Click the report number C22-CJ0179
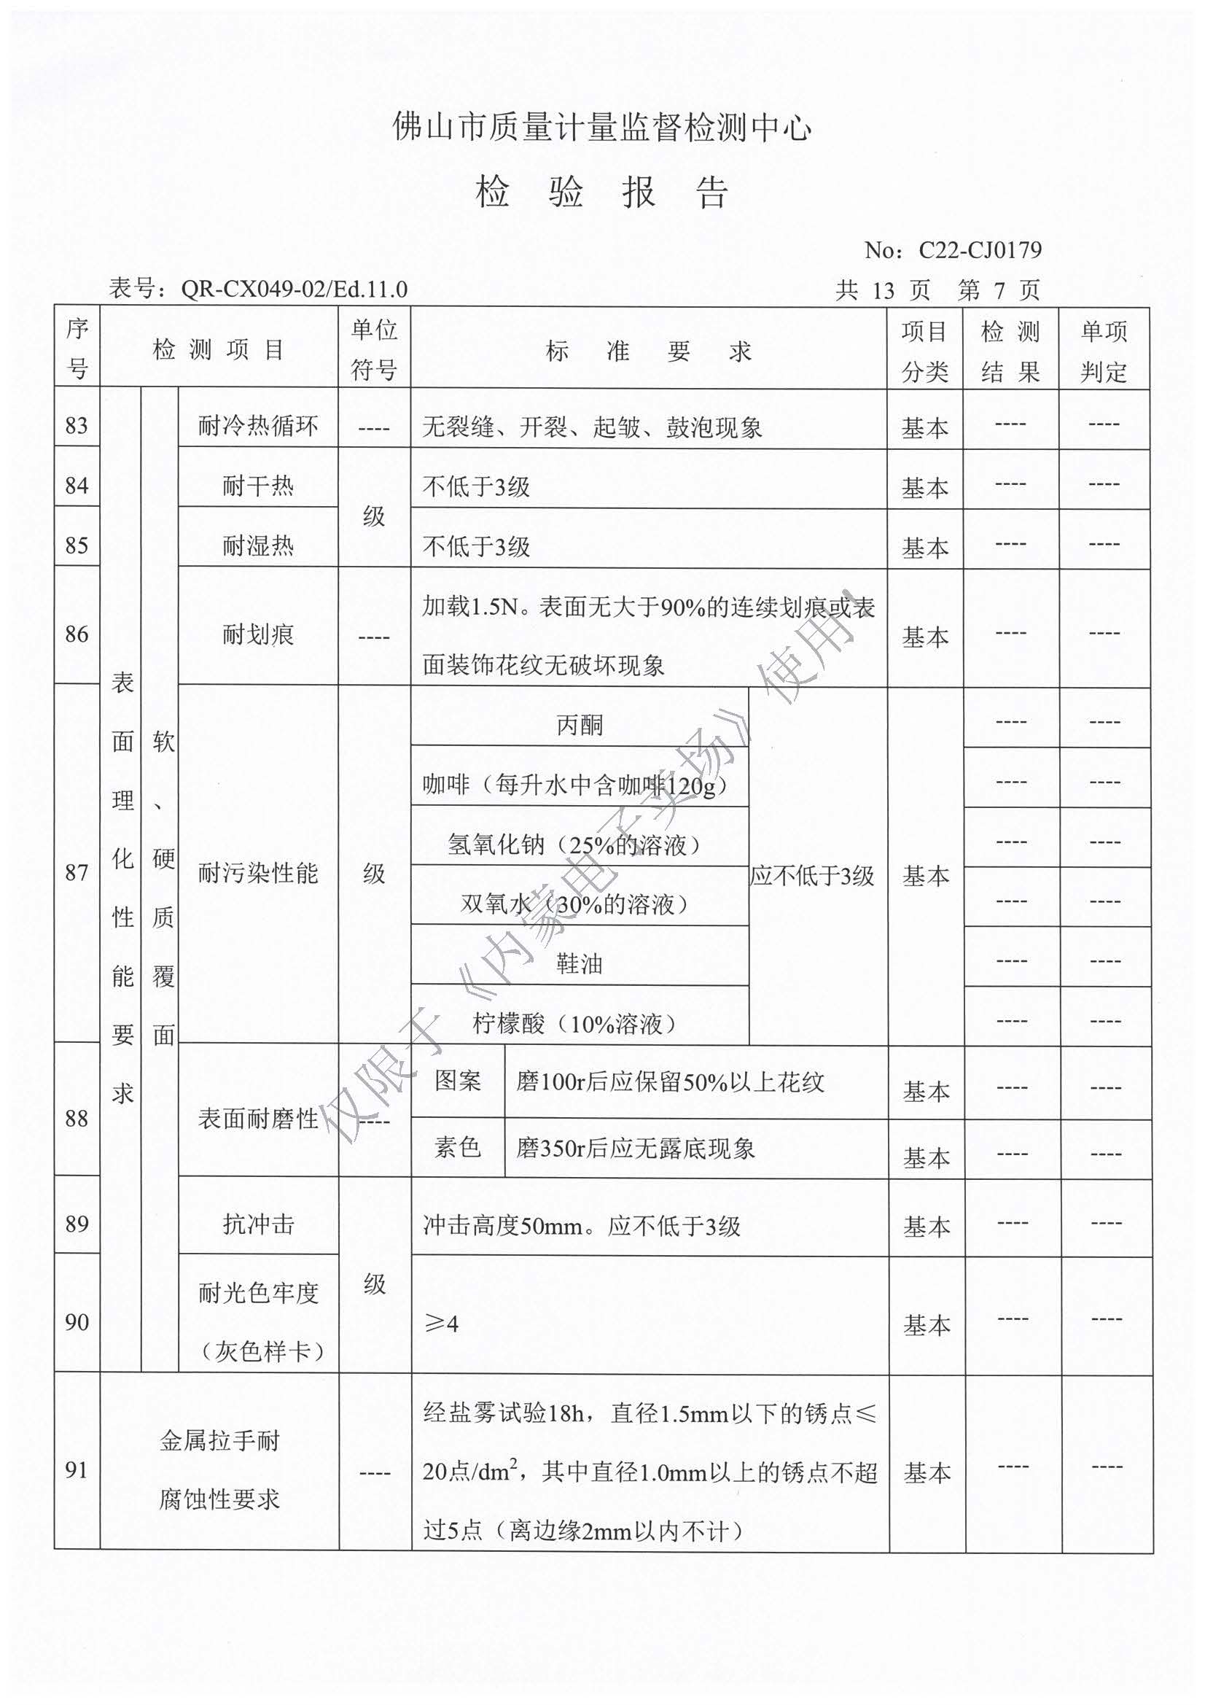tap(979, 250)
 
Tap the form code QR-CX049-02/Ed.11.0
tap(294, 289)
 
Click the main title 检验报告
tap(601, 193)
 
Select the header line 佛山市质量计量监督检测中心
tap(601, 128)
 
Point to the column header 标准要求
tap(648, 351)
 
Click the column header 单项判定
tap(1103, 351)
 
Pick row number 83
tap(77, 425)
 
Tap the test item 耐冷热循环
tap(257, 426)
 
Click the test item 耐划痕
tap(257, 634)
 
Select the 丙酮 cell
tap(579, 725)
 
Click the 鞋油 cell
tap(579, 964)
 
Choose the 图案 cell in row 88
tap(457, 1081)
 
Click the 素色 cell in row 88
tap(457, 1147)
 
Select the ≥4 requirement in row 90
tap(441, 1323)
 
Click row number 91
tap(77, 1469)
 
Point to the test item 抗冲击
tap(257, 1223)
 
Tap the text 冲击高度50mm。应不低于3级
tap(581, 1225)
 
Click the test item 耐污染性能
tap(257, 874)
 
